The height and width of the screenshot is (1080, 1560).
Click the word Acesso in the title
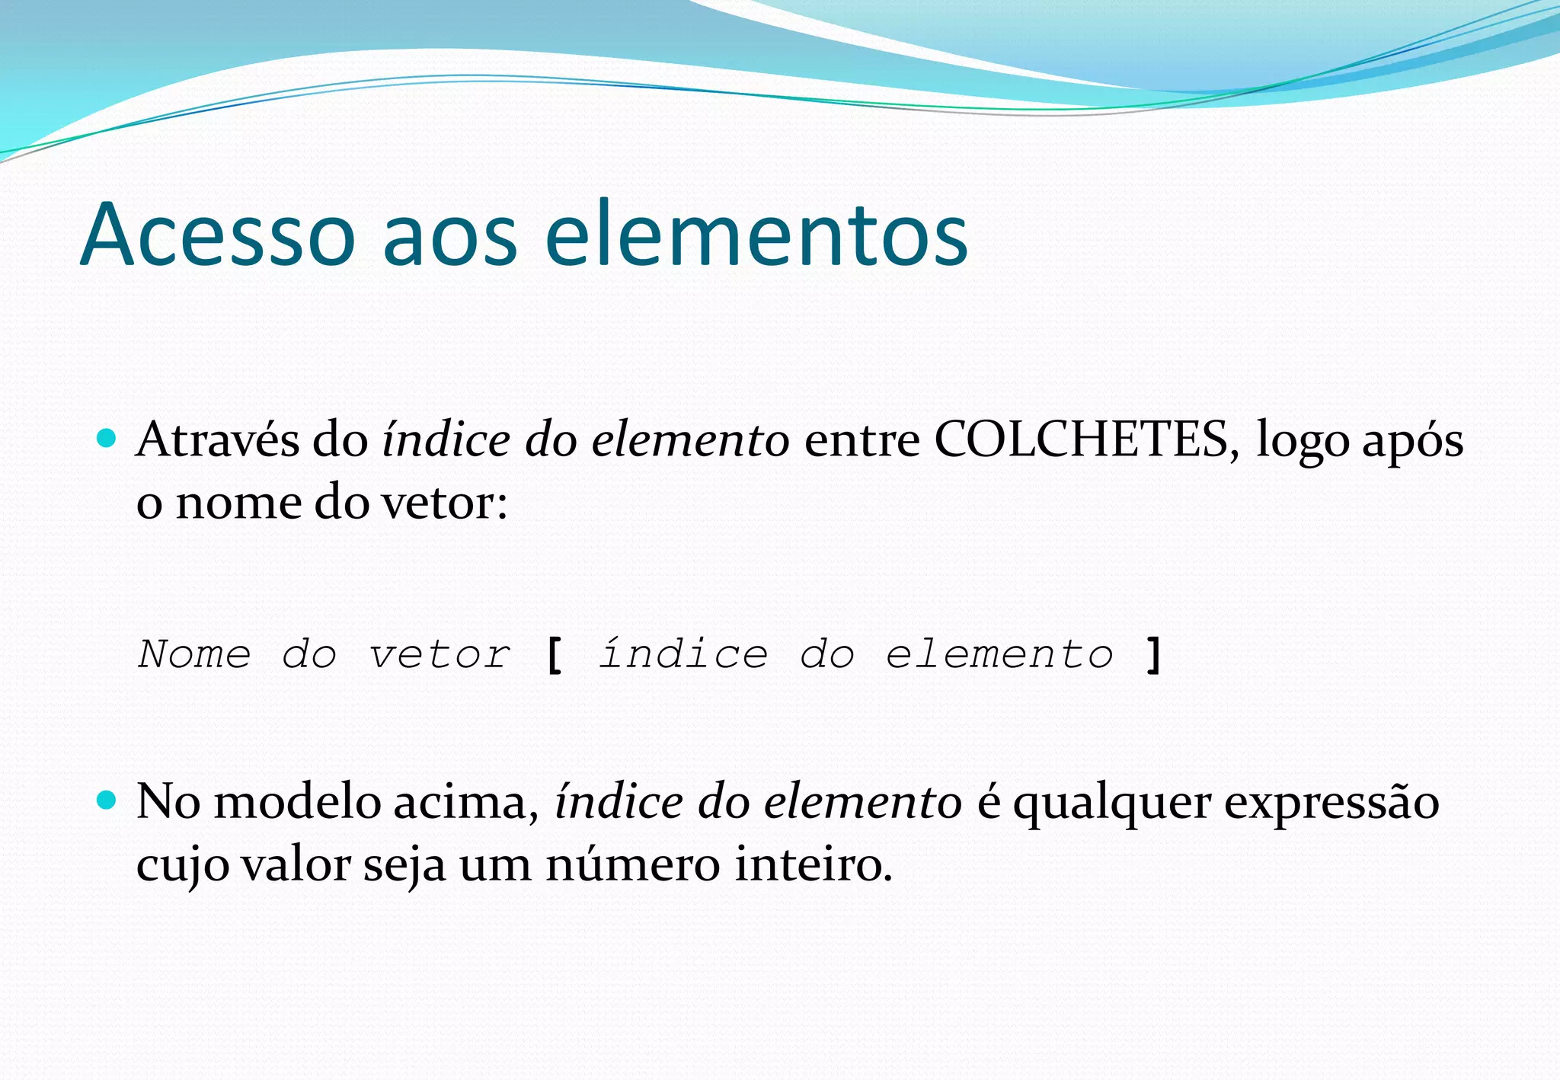[217, 235]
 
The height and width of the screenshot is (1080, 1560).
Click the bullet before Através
[107, 438]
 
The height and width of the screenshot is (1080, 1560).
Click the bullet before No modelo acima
[107, 800]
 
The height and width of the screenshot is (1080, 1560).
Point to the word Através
[218, 439]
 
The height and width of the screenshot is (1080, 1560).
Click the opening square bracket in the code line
[555, 655]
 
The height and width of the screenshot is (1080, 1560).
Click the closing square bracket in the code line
[1153, 655]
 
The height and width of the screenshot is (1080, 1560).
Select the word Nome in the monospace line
[194, 654]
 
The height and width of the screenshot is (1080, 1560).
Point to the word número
[632, 865]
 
